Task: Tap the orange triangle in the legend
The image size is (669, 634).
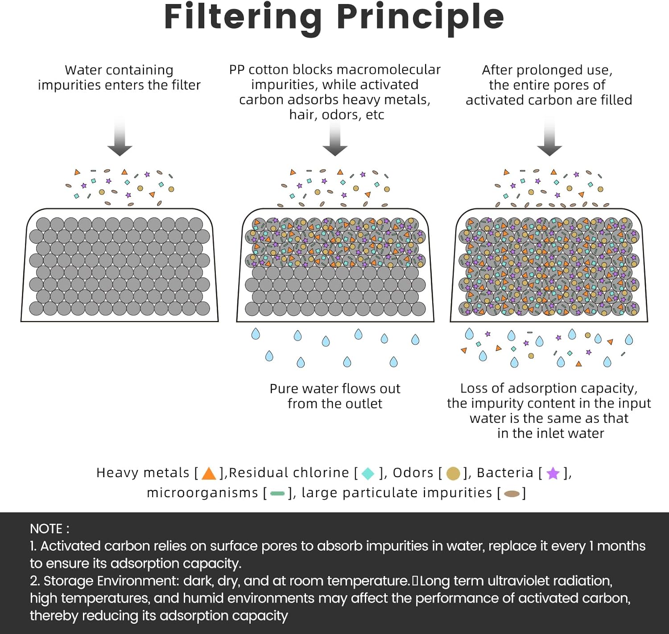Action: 209,473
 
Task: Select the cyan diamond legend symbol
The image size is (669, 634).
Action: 368,473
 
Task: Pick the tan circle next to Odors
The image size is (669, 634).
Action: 453,473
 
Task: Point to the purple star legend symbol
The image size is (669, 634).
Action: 553,473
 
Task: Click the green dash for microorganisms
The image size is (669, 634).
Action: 277,493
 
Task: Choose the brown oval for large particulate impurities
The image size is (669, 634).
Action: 512,493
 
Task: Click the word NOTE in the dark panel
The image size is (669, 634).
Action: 46,529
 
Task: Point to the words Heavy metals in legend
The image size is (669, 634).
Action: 143,473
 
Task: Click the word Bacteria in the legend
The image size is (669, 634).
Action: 505,473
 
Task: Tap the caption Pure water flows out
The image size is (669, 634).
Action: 335,389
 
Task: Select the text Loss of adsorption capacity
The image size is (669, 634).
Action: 549,388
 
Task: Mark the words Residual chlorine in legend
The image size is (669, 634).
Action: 289,473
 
